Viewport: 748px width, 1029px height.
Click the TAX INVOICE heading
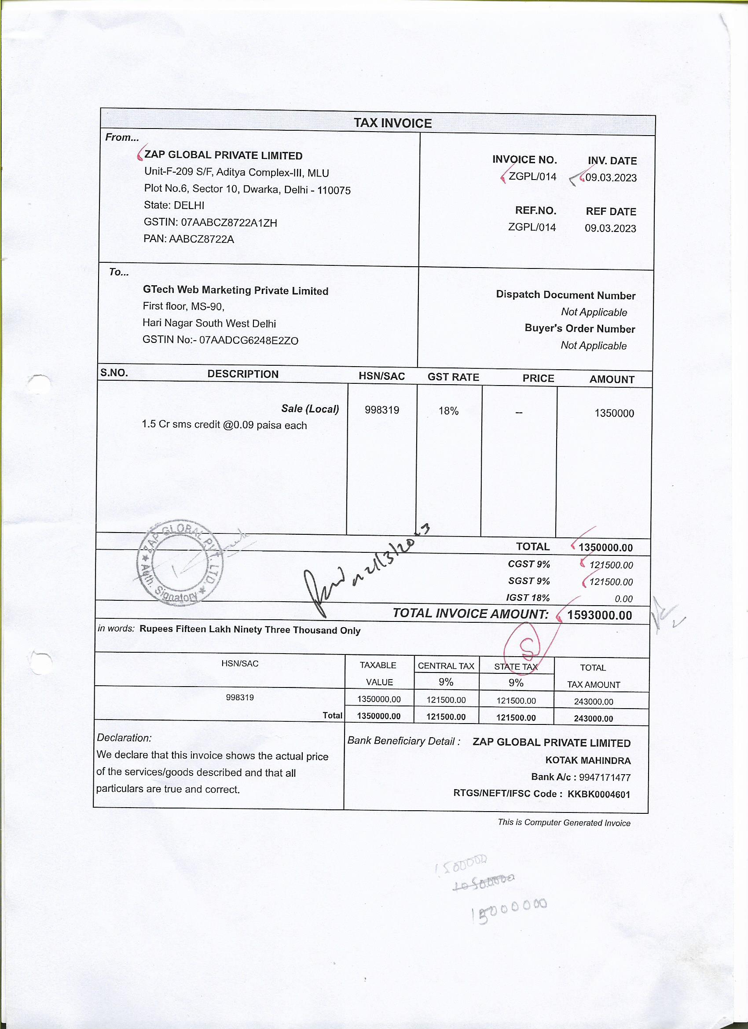click(392, 123)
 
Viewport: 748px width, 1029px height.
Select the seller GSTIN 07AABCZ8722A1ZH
click(229, 222)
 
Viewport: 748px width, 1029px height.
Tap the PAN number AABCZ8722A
click(202, 239)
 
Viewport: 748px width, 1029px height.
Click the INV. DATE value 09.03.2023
click(611, 177)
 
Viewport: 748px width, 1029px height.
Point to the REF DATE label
click(611, 211)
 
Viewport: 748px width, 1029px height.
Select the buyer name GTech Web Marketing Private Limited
click(235, 290)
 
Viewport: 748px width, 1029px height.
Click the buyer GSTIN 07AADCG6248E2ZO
click(249, 340)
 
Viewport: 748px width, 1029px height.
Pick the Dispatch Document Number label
click(565, 295)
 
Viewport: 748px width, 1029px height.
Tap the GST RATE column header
click(453, 377)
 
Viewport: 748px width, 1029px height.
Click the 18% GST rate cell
click(448, 411)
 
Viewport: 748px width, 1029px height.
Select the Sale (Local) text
click(310, 408)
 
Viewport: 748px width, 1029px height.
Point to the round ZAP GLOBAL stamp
click(180, 562)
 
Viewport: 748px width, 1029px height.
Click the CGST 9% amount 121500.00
click(611, 565)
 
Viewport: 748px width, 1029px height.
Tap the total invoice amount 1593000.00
click(599, 615)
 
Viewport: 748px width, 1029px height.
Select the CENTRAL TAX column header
click(446, 665)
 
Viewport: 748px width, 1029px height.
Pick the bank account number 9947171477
click(604, 777)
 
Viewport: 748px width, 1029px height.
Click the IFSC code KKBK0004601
click(599, 794)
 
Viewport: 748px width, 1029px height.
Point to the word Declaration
click(124, 738)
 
